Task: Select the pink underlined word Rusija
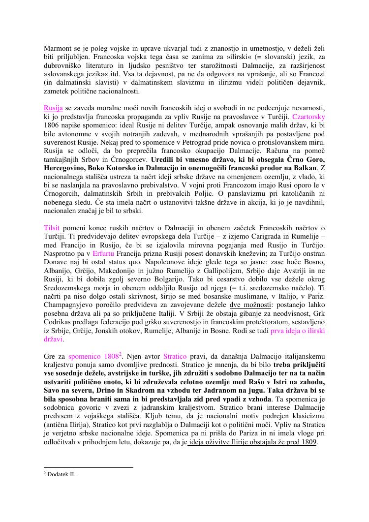pos(53,108)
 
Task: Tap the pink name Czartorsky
pos(308,117)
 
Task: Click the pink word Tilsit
pos(52,228)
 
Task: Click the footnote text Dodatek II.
pos(61,474)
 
